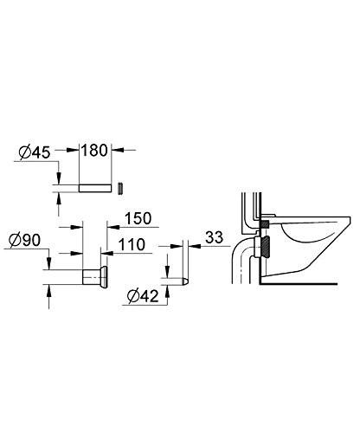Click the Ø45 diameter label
click(x=35, y=152)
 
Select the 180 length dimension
click(x=95, y=149)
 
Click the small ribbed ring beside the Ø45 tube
click(x=121, y=187)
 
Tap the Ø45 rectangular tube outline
click(x=94, y=187)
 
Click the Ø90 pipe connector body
click(x=90, y=278)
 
